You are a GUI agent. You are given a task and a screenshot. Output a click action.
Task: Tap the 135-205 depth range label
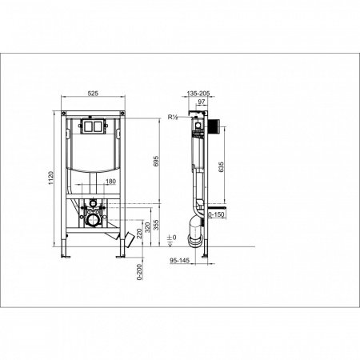tap(198, 93)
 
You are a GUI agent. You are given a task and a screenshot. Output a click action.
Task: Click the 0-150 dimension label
tap(218, 215)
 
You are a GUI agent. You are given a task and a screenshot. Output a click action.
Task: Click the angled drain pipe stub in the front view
tap(125, 238)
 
